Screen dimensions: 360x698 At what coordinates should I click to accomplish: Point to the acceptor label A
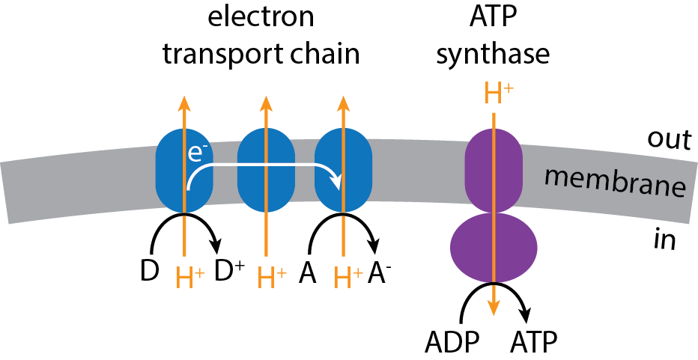[306, 275]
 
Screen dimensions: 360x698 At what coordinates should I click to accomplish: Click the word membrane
[614, 183]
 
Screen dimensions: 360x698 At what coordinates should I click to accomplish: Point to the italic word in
[664, 241]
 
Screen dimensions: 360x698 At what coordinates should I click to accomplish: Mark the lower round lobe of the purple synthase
[494, 248]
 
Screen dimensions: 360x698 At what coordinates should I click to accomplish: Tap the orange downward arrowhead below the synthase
[494, 309]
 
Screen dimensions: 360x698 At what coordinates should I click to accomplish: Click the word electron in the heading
[261, 18]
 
